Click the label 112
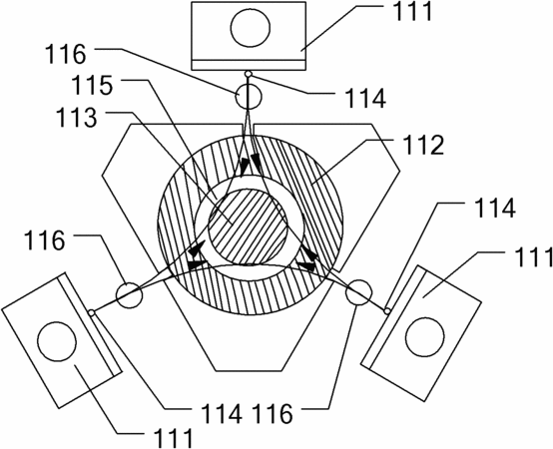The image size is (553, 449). tap(423, 146)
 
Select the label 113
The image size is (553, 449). tap(77, 118)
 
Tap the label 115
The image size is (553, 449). tap(92, 85)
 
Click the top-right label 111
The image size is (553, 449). tap(412, 12)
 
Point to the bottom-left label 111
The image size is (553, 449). tap(175, 438)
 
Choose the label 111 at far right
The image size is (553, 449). tap(533, 256)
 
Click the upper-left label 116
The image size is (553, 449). tap(65, 54)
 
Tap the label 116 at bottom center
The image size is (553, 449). tap(273, 414)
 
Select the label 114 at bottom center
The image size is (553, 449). tap(222, 414)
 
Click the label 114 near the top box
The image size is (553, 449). tap(365, 98)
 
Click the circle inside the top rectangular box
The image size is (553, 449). tap(251, 28)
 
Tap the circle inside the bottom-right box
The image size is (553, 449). tap(425, 337)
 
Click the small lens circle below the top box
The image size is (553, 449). tap(249, 96)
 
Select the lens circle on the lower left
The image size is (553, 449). tap(130, 294)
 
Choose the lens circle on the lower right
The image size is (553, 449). tap(359, 292)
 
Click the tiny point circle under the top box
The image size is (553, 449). tap(249, 74)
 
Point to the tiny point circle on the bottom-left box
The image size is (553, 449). tap(92, 312)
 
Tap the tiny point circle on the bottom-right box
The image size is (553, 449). tap(387, 311)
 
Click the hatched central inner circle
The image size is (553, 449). tap(249, 226)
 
